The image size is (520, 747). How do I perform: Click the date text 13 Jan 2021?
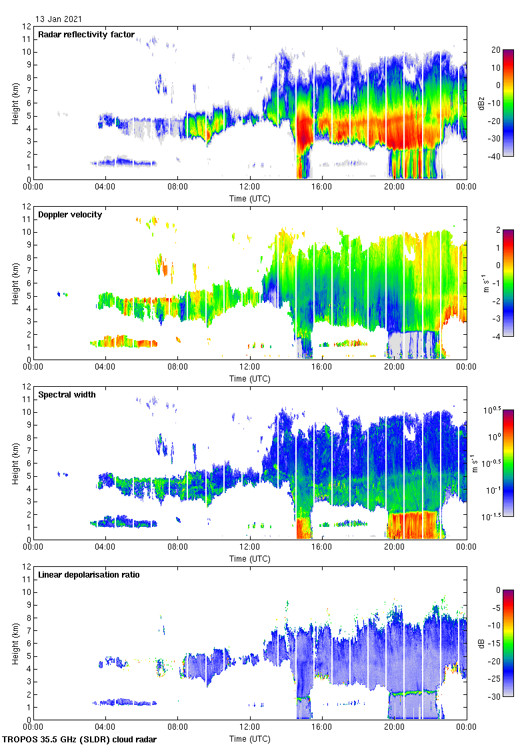59,19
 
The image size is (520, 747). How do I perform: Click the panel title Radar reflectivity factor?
87,35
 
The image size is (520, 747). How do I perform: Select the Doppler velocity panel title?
70,215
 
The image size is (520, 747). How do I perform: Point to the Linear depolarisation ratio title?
89,575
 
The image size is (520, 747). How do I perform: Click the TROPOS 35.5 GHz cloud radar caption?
79,740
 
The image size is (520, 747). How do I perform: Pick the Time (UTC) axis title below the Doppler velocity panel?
250,378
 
